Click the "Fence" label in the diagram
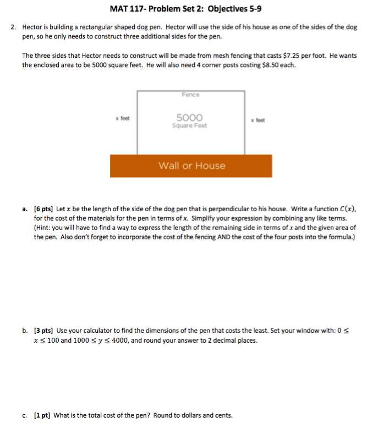tap(190, 95)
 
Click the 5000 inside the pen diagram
tap(190, 117)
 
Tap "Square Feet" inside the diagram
tap(190, 125)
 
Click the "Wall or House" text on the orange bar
tap(191, 166)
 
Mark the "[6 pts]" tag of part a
tap(43, 210)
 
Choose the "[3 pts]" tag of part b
tap(43, 331)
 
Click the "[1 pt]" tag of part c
tap(42, 415)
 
